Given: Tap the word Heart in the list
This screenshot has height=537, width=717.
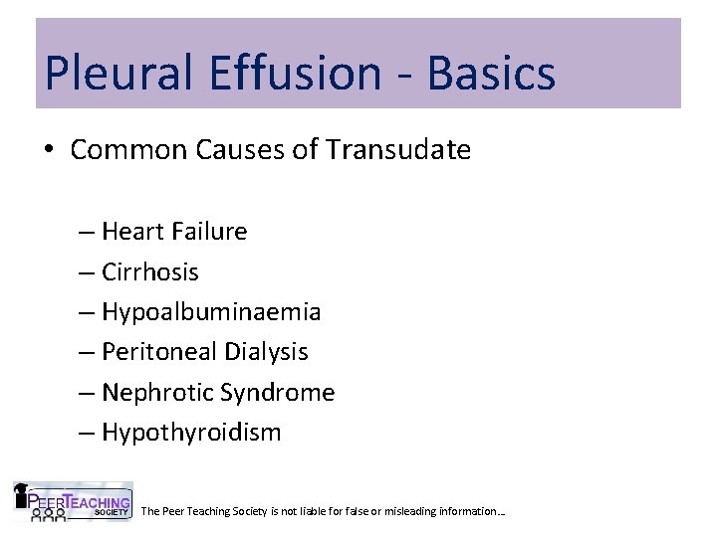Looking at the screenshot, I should (x=132, y=232).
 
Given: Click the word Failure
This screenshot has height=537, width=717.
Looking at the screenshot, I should (x=208, y=232).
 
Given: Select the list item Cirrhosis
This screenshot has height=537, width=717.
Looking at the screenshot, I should (x=150, y=271).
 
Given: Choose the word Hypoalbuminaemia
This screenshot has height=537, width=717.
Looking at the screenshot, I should (x=211, y=312).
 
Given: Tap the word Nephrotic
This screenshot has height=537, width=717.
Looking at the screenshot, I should (x=153, y=393).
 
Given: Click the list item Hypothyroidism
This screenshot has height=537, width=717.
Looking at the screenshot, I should (x=191, y=433).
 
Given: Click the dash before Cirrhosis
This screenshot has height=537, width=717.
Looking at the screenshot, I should (x=86, y=272).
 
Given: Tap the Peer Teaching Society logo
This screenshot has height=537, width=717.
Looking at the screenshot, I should (x=73, y=502).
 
